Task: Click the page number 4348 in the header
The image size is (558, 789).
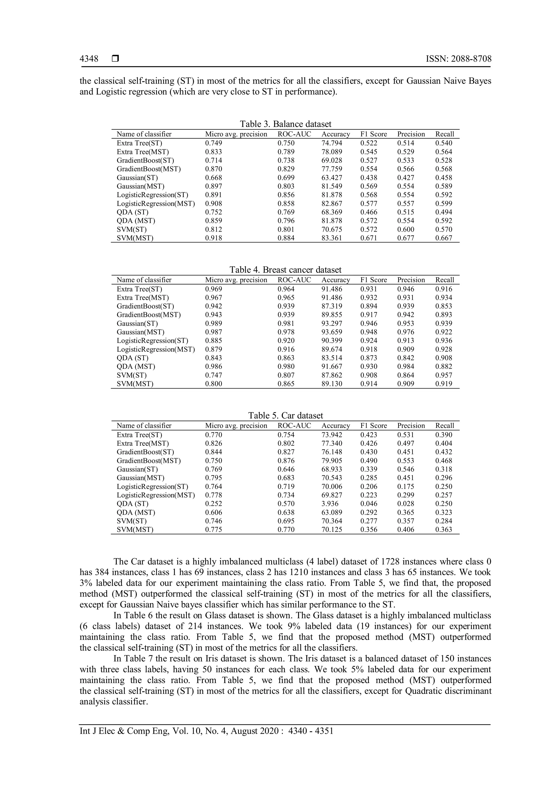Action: click(89, 59)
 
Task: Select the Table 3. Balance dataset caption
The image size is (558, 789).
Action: click(285, 124)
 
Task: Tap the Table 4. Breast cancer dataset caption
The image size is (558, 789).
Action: click(285, 270)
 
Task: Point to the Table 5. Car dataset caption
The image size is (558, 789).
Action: click(285, 415)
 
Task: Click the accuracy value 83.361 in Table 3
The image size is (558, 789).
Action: click(332, 238)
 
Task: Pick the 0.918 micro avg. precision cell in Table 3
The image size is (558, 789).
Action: click(213, 238)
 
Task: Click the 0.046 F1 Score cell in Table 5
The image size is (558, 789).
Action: click(369, 504)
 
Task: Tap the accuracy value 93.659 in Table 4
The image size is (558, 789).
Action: click(332, 332)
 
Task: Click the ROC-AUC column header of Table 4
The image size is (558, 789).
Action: click(294, 280)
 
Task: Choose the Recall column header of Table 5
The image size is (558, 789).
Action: click(445, 426)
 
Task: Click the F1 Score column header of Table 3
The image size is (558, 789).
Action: click(374, 134)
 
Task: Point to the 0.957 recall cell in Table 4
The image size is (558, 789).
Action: click(444, 375)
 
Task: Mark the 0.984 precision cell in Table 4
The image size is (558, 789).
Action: click(406, 367)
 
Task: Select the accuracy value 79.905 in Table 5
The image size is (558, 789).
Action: click(332, 461)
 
